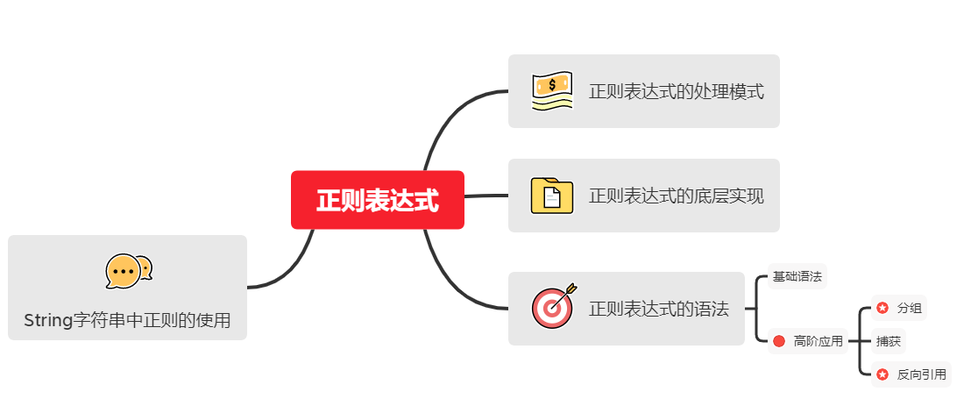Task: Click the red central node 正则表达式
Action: tap(377, 200)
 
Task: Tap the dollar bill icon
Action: tap(552, 90)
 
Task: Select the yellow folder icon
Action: tap(552, 196)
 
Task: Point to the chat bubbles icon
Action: tap(128, 271)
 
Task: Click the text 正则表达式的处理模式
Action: tap(676, 91)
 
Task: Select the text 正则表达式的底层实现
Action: tap(676, 196)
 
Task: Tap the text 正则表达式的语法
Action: tap(658, 309)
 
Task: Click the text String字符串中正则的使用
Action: tap(127, 321)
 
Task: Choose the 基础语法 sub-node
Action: tap(797, 276)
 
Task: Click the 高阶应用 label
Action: tap(818, 341)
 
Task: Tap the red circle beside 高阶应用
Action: tap(779, 341)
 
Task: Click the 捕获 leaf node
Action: tap(888, 341)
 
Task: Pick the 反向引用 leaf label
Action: tap(921, 374)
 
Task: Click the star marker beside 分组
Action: tap(882, 308)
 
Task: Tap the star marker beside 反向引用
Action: tap(882, 374)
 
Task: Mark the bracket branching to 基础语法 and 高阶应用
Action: tap(756, 309)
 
